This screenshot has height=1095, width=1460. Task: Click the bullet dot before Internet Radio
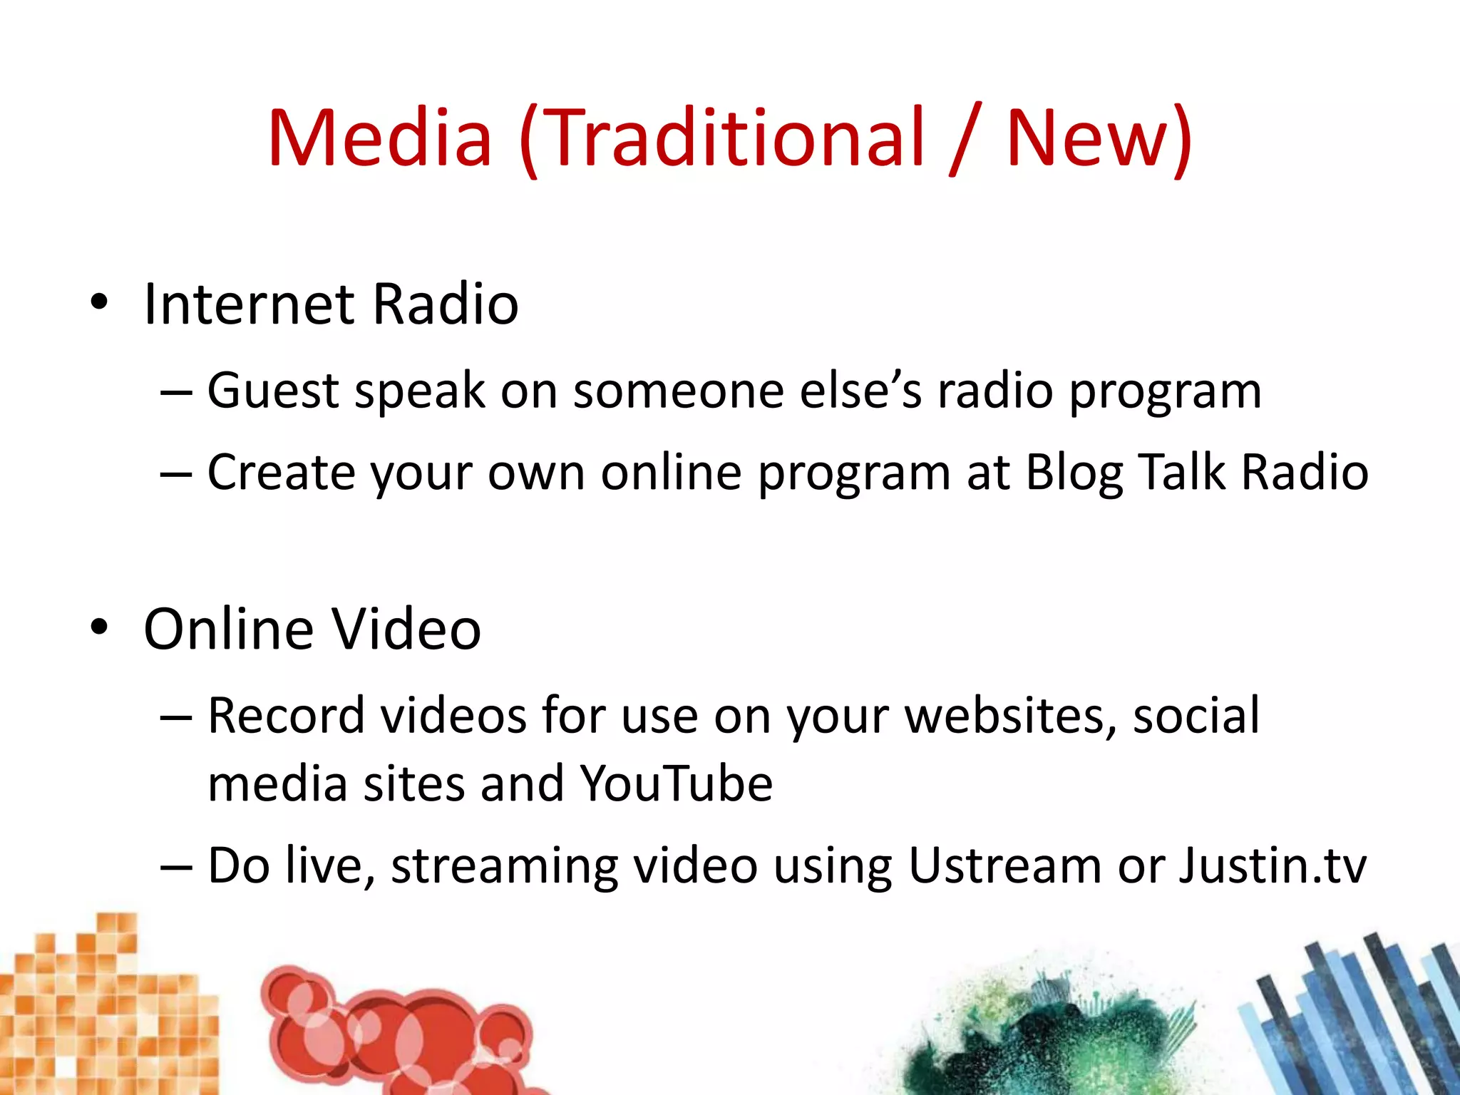(x=99, y=302)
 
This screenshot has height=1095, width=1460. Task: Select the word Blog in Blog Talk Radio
(x=1074, y=473)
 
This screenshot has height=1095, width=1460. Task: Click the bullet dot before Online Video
(x=99, y=627)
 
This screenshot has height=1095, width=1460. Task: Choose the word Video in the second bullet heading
(x=406, y=629)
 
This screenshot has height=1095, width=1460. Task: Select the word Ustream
(x=1005, y=865)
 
